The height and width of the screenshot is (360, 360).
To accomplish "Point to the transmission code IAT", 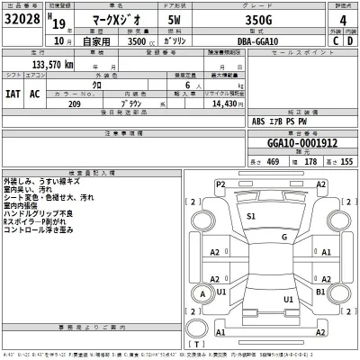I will click(11, 92).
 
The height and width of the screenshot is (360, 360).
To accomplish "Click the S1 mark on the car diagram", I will click(251, 217).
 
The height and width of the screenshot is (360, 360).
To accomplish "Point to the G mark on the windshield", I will click(284, 237).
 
